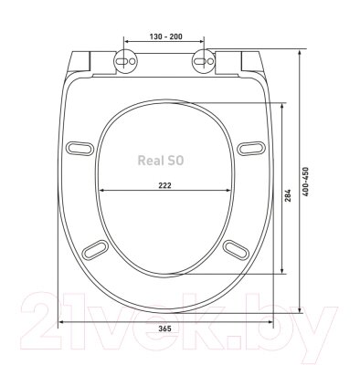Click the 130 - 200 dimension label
(x=165, y=36)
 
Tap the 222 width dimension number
(x=164, y=185)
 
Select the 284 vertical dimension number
(x=288, y=195)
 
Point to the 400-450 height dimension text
(x=305, y=182)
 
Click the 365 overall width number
(x=165, y=328)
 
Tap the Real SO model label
(x=161, y=161)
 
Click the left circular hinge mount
(x=125, y=61)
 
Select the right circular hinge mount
(x=204, y=61)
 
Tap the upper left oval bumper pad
(x=79, y=149)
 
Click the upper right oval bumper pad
(x=251, y=149)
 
